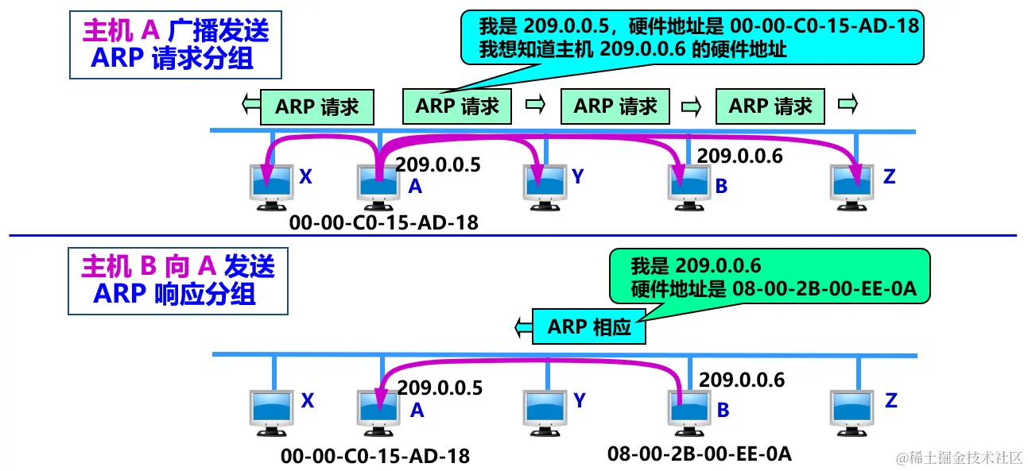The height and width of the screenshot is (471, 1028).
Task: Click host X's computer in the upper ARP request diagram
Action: click(268, 186)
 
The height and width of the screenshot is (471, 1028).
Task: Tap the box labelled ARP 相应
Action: click(588, 326)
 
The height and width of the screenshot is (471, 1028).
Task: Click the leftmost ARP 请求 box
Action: click(316, 106)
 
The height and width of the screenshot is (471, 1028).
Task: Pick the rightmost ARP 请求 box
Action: click(770, 106)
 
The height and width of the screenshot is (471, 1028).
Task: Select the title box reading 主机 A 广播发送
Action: click(176, 44)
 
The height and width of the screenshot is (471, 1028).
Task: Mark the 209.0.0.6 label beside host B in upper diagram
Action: click(739, 156)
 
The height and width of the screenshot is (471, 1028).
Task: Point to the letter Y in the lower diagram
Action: click(580, 400)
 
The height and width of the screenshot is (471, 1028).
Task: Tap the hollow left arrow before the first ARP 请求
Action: click(250, 104)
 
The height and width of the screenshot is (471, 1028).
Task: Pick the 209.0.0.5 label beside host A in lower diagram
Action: click(440, 388)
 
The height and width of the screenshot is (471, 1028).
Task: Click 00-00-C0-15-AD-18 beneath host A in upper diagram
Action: click(384, 222)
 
